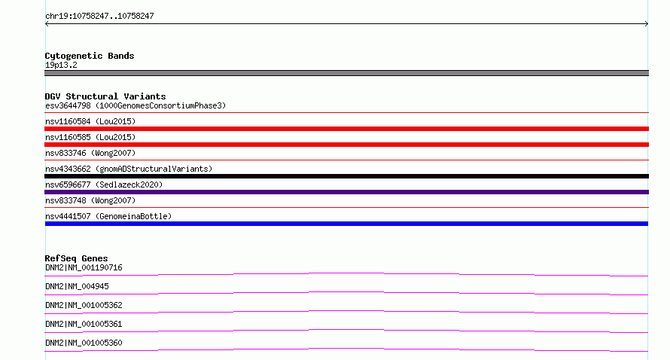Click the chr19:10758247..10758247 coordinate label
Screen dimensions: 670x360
tap(99, 17)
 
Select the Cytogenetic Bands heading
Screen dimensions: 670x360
tap(90, 56)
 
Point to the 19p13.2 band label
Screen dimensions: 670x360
tap(61, 65)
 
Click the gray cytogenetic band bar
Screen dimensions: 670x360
tap(346, 73)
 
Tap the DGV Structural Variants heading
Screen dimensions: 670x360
tap(105, 96)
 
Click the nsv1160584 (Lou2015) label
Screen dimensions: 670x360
tap(90, 121)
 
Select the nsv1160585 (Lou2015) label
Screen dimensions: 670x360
tap(90, 137)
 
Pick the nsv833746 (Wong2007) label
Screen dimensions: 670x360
tap(90, 153)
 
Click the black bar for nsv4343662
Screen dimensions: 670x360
tap(346, 176)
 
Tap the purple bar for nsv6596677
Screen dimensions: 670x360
tap(346, 192)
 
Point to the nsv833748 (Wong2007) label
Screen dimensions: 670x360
tap(90, 200)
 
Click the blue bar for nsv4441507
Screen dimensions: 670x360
tap(346, 224)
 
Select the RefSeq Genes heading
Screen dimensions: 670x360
tap(76, 258)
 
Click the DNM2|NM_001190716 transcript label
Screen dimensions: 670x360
tap(84, 267)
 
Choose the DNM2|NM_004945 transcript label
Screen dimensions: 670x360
tap(77, 286)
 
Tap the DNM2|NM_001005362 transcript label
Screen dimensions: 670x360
tap(84, 305)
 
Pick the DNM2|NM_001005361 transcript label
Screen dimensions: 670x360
tap(84, 324)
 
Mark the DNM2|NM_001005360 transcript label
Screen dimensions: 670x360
tap(84, 343)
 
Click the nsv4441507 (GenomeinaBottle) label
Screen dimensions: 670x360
tap(108, 216)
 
